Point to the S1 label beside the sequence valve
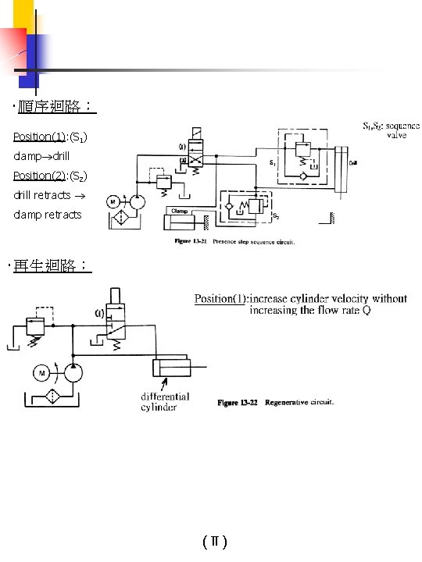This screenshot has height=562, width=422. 271,163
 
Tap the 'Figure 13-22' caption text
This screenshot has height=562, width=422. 238,403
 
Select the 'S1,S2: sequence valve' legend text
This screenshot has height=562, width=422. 391,130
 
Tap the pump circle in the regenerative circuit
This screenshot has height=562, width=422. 75,374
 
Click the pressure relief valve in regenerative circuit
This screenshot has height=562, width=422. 33,329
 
